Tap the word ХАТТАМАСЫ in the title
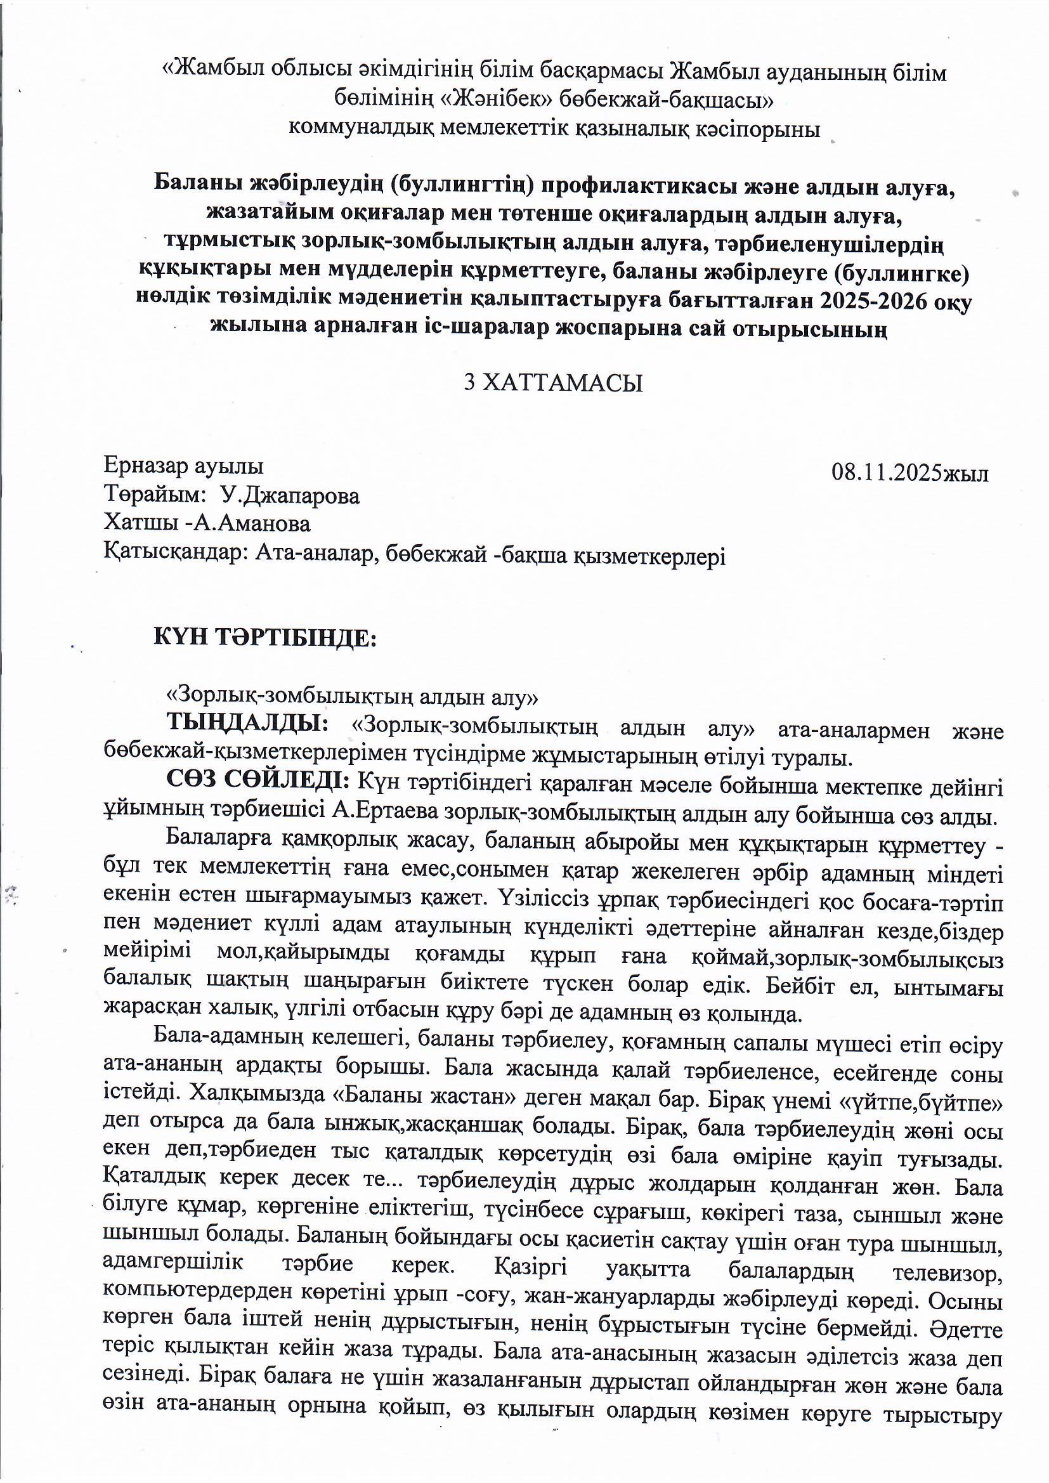[x=563, y=384]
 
